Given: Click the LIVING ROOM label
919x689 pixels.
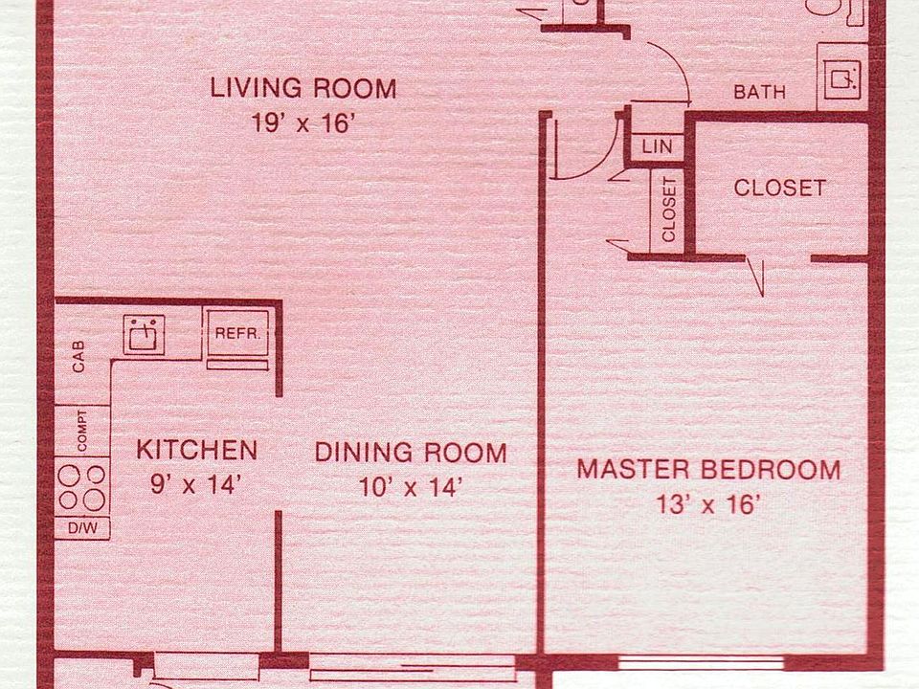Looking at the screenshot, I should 303,89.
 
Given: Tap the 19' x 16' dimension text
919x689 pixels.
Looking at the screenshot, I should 303,122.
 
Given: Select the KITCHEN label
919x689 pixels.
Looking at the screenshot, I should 196,450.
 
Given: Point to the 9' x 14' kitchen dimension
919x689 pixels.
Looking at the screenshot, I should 193,484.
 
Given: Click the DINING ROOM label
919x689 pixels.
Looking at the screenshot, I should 411,453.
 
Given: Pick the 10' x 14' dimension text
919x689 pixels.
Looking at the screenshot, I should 411,487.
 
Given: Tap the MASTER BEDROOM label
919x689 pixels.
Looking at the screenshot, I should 707,470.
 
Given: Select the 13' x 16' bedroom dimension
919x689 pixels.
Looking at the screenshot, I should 707,504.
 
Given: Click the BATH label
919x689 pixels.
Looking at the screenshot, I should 759,92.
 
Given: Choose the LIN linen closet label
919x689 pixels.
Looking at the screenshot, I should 656,146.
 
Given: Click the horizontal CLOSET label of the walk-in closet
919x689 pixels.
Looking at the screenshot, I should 779,188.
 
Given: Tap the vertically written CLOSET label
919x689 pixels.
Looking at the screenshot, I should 668,210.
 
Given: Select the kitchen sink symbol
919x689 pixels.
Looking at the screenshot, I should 145,334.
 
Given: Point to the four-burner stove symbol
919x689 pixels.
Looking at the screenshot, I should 81,486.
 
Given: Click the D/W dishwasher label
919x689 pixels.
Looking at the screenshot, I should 81,527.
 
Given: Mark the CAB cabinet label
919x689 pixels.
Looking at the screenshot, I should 78,357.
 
